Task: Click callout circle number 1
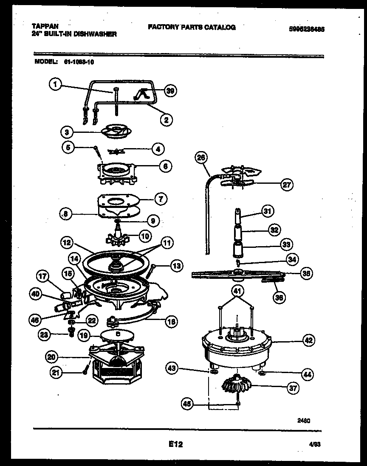coord(54,84)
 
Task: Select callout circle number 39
coord(171,90)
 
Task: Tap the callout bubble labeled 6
coord(166,167)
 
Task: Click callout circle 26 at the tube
coord(200,158)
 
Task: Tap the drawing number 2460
coord(304,421)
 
